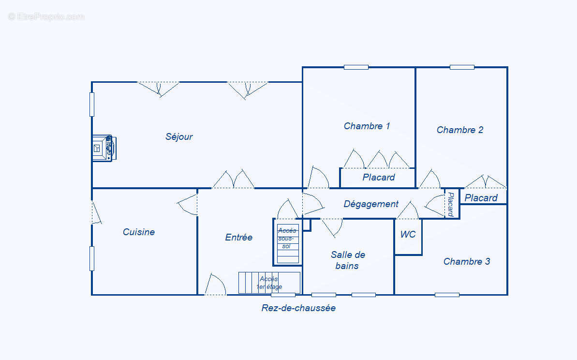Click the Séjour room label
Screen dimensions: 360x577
coord(179,137)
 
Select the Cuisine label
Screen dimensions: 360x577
coord(139,232)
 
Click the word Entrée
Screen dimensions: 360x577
coord(239,238)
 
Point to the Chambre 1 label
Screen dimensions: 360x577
coord(367,126)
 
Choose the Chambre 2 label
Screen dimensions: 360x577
coord(459,130)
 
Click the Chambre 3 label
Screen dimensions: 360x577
coord(466,262)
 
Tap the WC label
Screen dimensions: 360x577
coord(408,235)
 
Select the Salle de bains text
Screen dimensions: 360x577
coord(348,260)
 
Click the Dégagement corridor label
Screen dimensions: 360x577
coord(371,204)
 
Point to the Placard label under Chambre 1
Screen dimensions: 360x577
coord(379,178)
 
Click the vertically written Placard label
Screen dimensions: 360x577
coord(451,204)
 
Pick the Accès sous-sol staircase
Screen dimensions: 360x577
coord(288,242)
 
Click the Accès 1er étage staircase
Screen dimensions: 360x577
coord(269,283)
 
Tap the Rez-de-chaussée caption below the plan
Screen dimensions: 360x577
coord(298,308)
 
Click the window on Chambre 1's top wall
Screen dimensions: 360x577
coord(356,67)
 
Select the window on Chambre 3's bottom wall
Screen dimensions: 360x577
coord(447,295)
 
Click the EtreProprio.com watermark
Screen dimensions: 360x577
coord(46,16)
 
